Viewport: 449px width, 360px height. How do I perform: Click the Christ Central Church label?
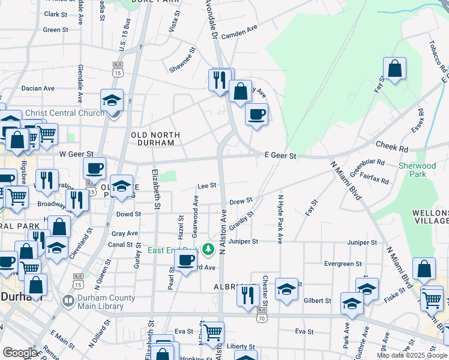coord(64,113)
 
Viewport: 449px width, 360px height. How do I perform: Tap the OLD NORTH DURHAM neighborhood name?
coord(152,139)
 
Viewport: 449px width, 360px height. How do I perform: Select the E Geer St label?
coord(280,155)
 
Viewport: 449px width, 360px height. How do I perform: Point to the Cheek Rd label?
coord(391,146)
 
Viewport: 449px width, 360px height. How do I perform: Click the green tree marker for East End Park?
coord(208,248)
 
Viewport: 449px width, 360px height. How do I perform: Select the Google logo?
coord(19,353)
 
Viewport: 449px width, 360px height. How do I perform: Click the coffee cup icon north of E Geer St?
coord(256,114)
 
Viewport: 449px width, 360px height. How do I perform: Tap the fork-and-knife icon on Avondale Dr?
coord(219,79)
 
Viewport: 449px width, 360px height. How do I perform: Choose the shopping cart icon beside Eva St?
coord(212,332)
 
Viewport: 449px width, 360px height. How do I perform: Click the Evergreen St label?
coord(343,263)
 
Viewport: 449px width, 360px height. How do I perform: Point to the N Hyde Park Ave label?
coord(280,218)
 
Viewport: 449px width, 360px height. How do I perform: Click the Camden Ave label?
coord(239,35)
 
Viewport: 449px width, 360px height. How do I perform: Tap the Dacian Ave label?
coord(38,88)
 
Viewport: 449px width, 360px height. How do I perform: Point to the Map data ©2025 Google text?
coord(411,355)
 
